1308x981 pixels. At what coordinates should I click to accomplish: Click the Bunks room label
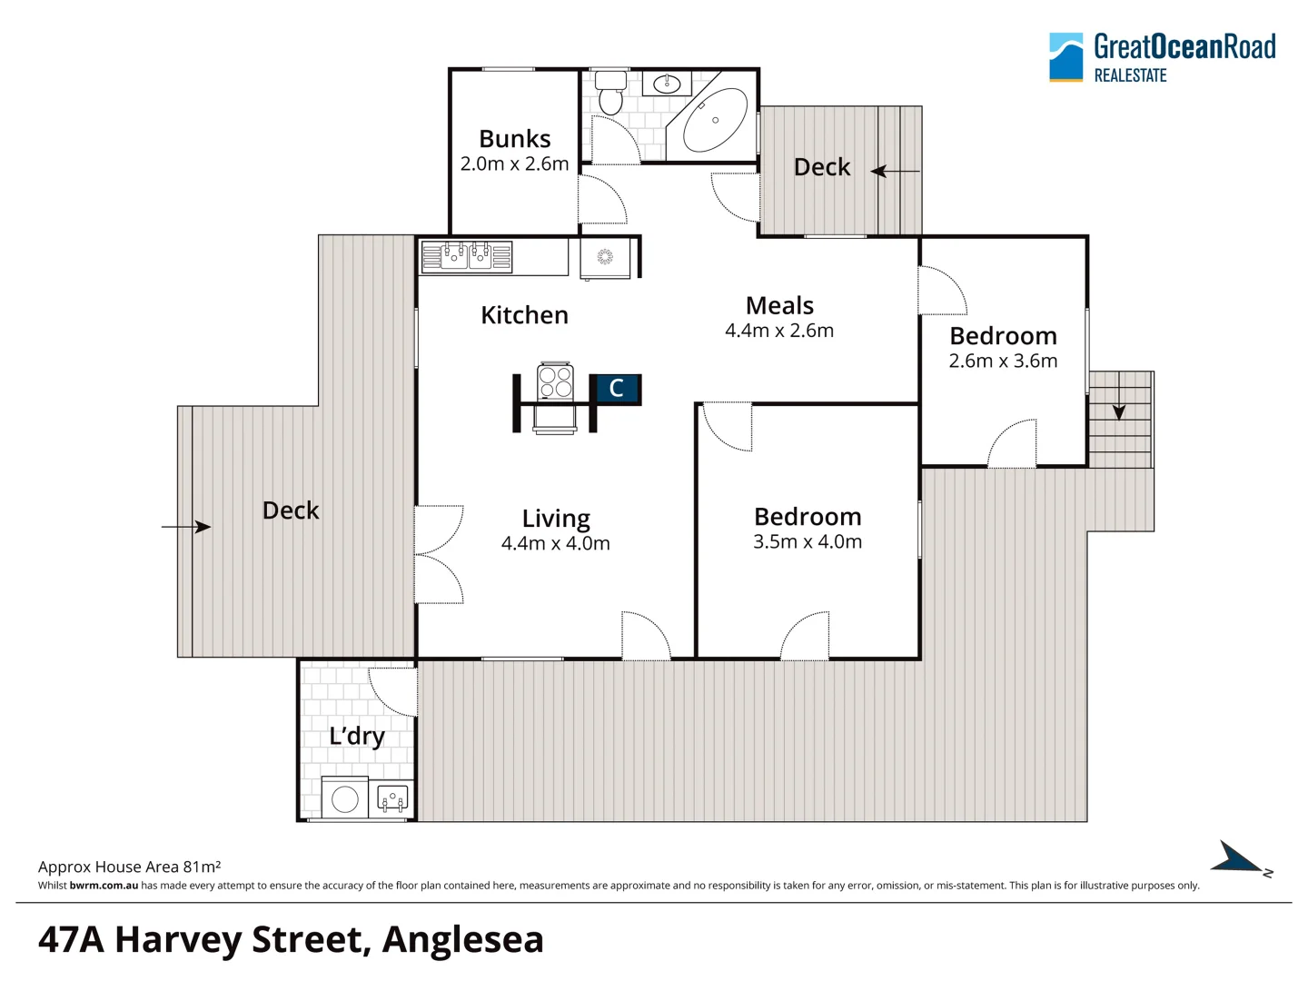tap(514, 139)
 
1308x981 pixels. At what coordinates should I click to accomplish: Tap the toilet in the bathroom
tap(610, 94)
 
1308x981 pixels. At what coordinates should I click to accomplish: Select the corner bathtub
tap(715, 120)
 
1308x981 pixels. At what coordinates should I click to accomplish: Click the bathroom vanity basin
tap(667, 84)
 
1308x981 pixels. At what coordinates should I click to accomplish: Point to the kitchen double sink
tap(467, 256)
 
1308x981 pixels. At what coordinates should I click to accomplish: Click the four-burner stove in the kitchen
tap(555, 381)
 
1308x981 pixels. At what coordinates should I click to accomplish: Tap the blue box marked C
tap(616, 389)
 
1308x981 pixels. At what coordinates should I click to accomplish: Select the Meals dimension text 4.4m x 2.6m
tap(779, 331)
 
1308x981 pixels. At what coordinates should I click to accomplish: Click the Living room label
tap(556, 519)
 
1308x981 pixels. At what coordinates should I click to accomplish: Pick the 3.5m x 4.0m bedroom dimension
tap(808, 542)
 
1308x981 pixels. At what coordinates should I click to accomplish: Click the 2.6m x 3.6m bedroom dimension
tap(1003, 362)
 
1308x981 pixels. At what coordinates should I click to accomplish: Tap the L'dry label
tap(357, 736)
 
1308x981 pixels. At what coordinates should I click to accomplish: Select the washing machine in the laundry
tap(345, 798)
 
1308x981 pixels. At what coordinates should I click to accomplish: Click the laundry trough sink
tap(392, 798)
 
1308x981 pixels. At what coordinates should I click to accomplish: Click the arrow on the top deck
tap(894, 171)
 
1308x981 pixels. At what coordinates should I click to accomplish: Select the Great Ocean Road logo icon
tap(1065, 57)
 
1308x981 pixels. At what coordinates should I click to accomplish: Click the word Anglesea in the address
tap(462, 939)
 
